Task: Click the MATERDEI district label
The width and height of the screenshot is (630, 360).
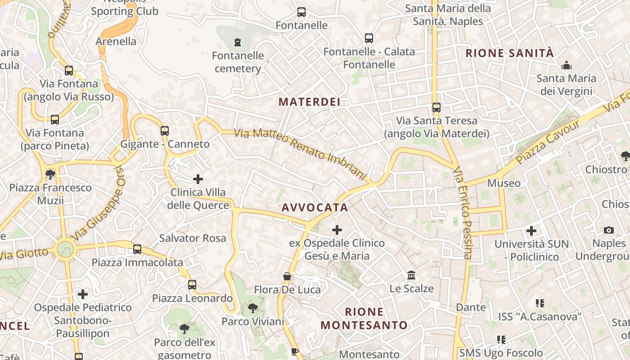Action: click(309, 102)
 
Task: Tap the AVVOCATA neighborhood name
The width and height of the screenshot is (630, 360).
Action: click(315, 207)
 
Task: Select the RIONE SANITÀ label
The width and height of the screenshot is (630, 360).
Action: click(509, 53)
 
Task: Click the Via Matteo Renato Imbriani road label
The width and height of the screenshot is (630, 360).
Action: click(301, 153)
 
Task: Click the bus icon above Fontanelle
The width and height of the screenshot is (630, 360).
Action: click(301, 12)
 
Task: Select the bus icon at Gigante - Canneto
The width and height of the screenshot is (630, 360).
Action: click(165, 131)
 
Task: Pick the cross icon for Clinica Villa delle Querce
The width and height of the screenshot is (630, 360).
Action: click(198, 179)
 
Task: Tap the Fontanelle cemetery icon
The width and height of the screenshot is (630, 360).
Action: click(238, 42)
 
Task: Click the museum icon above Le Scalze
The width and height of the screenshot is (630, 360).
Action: click(411, 275)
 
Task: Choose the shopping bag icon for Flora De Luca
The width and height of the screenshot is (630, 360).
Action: click(287, 276)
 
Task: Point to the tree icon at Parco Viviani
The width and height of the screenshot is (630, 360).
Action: click(252, 308)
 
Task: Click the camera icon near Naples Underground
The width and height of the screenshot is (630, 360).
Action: click(609, 230)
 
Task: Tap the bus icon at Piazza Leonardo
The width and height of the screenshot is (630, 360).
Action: click(192, 285)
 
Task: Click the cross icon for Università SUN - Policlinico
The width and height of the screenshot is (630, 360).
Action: click(531, 231)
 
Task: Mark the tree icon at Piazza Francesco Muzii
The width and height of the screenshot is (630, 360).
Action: click(50, 174)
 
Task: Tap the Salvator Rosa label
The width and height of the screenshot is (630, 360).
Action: click(193, 238)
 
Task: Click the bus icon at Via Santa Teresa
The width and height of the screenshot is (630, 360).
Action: click(436, 108)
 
